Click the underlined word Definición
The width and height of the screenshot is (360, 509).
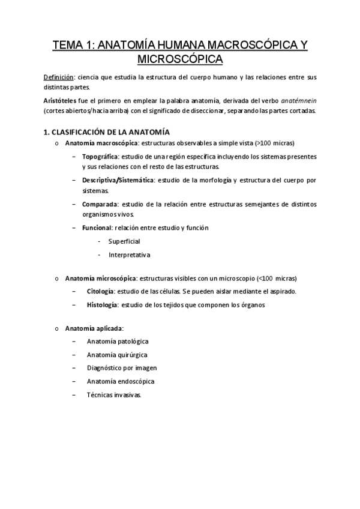tap(59, 78)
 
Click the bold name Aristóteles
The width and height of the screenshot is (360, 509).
tap(62, 101)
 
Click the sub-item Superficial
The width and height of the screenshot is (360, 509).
tap(124, 241)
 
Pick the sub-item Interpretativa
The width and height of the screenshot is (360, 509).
tap(129, 254)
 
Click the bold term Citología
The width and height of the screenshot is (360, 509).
tap(100, 291)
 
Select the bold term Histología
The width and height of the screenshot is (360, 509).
tap(102, 304)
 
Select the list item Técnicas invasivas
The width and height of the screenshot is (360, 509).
tap(114, 395)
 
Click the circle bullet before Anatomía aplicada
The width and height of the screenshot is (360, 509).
tap(56, 328)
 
